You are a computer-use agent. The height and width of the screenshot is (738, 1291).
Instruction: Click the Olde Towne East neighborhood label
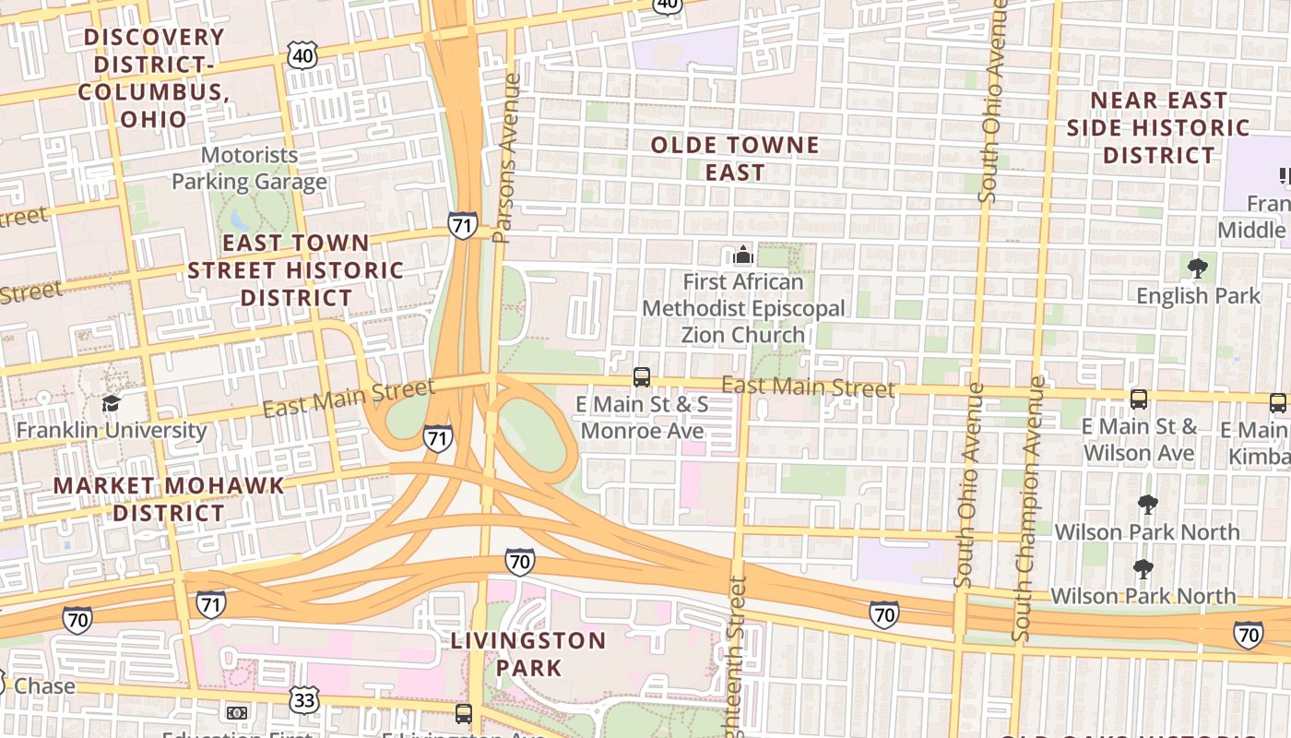735,159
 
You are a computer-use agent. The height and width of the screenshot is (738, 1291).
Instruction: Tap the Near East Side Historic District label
1158,127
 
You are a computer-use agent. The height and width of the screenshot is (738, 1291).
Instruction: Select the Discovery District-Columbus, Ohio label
152,77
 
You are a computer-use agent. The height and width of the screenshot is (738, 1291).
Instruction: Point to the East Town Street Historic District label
296,270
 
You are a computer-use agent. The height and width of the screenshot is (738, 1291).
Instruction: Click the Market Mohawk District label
169,499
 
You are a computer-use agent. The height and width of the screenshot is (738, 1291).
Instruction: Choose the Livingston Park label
528,653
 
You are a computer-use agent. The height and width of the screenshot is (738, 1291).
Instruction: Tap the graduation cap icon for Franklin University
112,404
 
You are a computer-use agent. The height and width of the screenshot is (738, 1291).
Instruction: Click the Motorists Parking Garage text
249,168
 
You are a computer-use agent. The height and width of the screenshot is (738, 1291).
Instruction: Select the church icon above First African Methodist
743,254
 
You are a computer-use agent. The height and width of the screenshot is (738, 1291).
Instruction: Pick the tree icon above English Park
1198,268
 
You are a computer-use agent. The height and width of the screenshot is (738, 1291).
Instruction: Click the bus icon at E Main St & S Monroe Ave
642,376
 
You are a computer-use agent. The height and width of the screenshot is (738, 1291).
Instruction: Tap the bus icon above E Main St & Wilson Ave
1140,399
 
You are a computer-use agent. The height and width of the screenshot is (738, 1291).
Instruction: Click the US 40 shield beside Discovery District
303,56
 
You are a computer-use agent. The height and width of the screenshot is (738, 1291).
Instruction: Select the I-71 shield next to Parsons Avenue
463,224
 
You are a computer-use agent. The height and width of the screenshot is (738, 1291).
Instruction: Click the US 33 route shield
304,699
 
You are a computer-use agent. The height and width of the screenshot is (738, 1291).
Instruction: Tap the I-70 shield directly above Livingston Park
520,562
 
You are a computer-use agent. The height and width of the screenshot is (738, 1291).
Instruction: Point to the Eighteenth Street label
737,655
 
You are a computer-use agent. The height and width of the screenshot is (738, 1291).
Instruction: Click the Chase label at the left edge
43,686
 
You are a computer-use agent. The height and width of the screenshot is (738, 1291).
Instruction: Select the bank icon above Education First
237,712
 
